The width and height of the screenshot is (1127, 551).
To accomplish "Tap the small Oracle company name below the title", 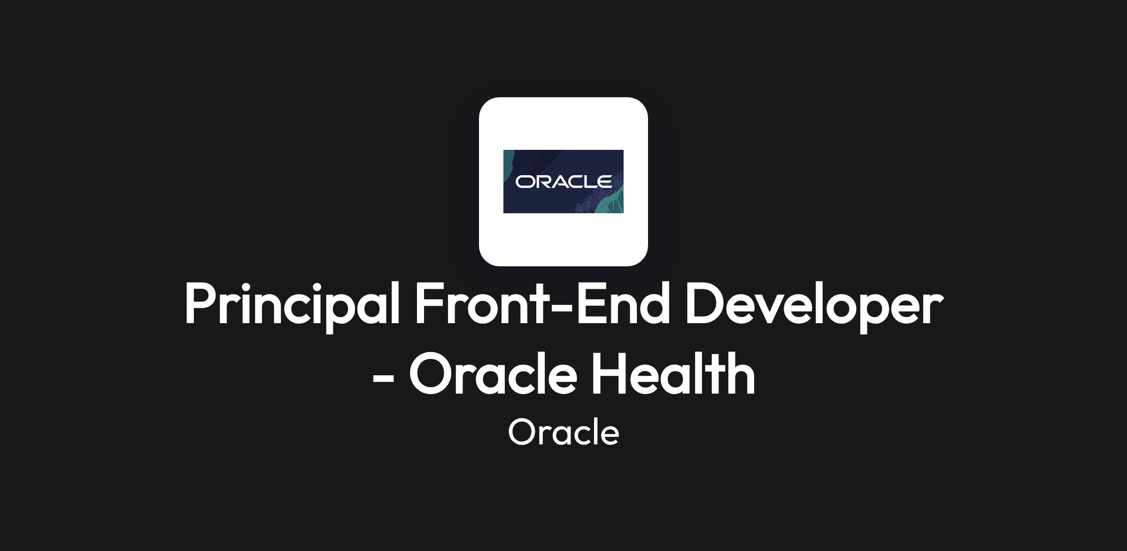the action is [x=563, y=432].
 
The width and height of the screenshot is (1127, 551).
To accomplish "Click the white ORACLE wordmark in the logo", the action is [x=563, y=181].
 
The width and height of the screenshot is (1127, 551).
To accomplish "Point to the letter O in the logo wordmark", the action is [x=525, y=181].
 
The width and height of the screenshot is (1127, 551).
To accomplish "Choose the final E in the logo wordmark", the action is [x=605, y=181].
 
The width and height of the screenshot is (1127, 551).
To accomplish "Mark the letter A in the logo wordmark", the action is [x=558, y=181].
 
